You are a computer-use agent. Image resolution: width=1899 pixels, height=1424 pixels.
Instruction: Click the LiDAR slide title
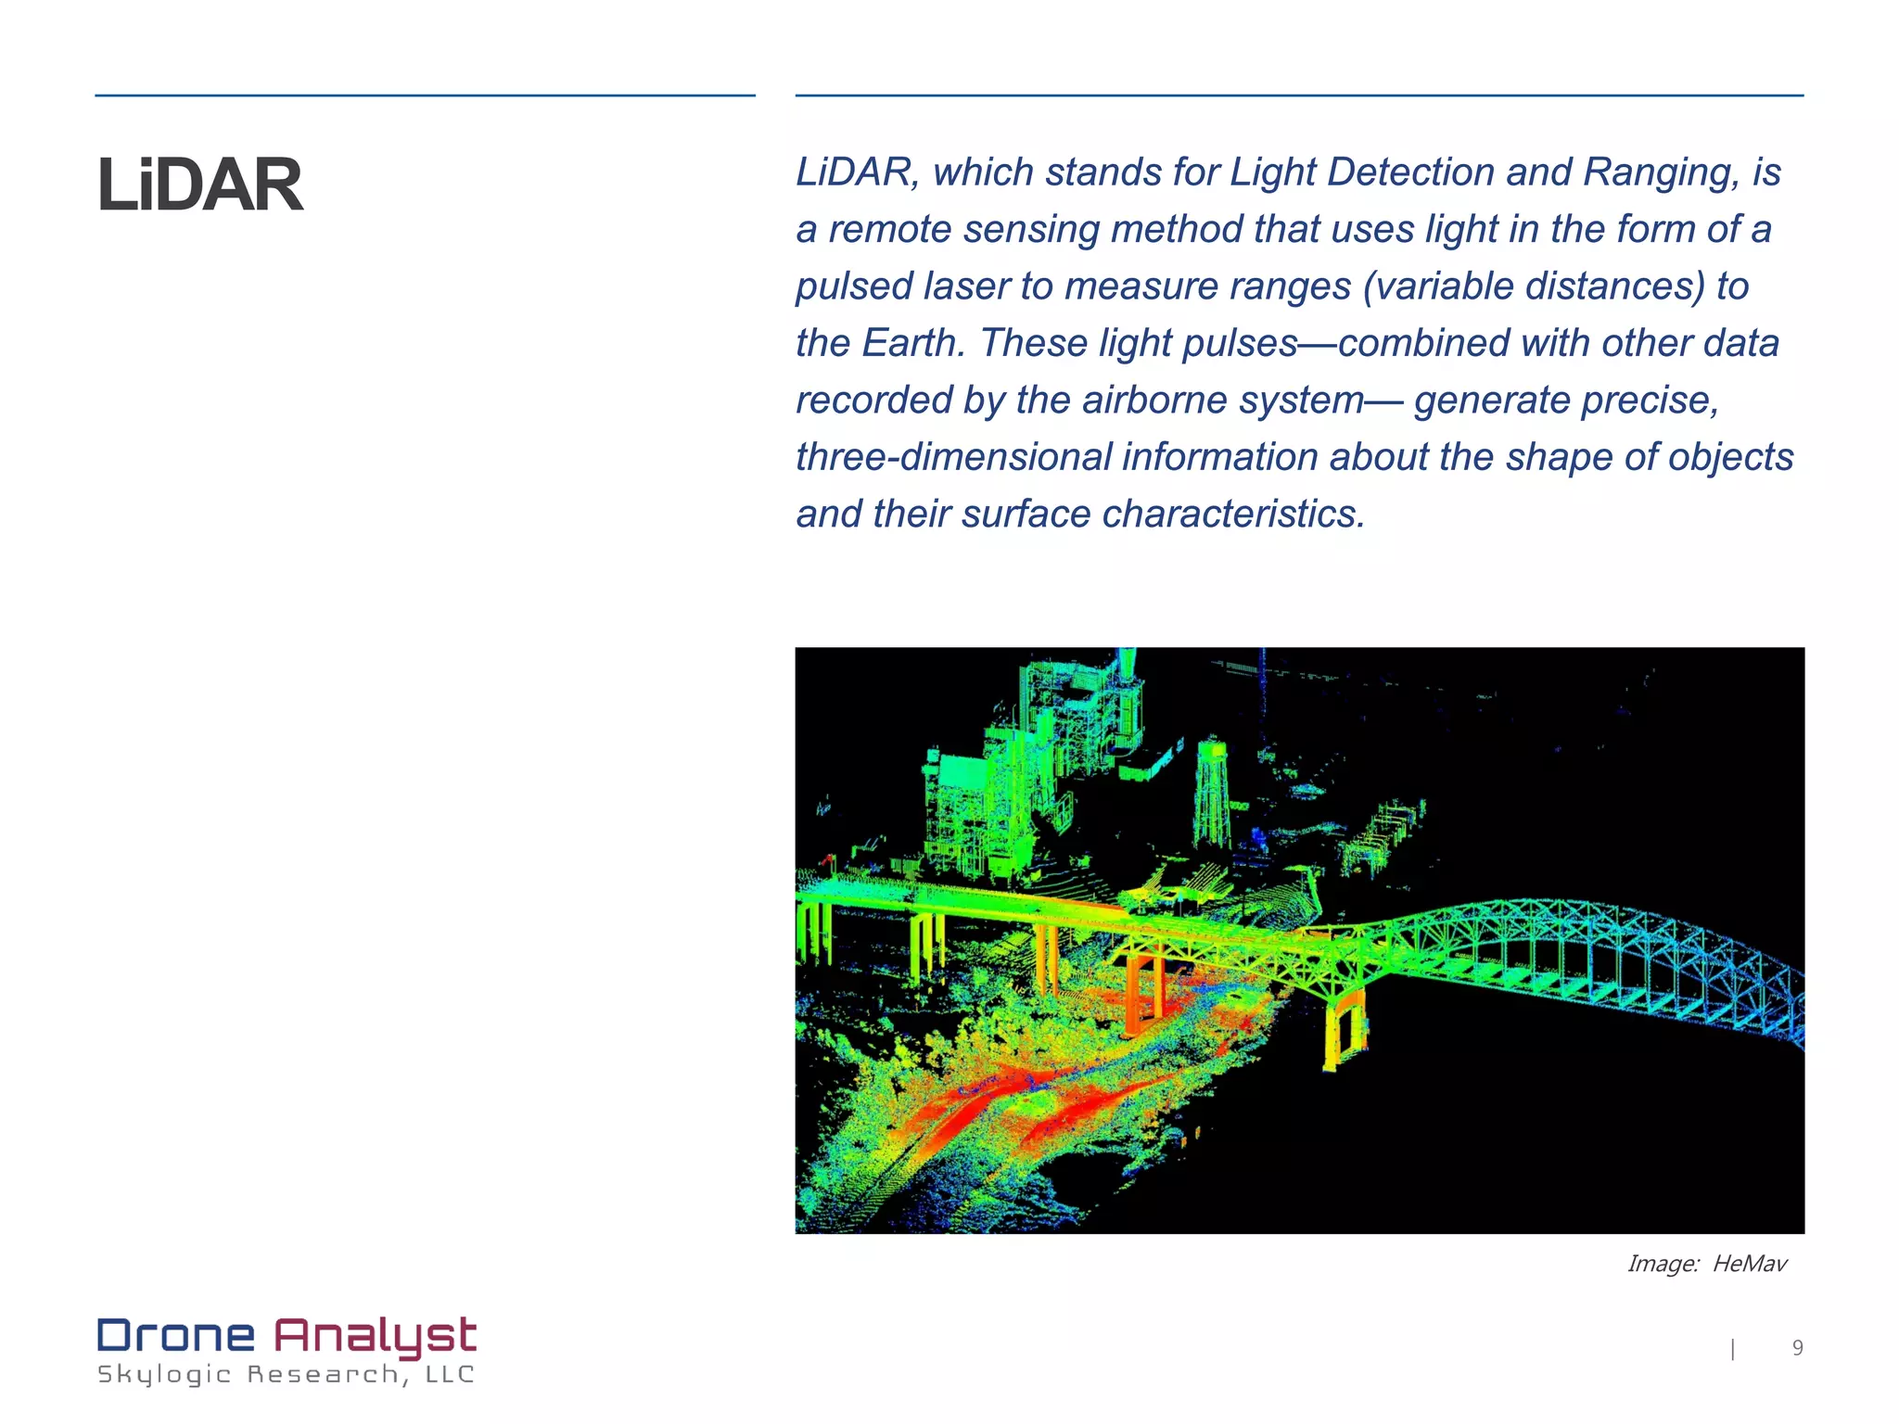(x=200, y=185)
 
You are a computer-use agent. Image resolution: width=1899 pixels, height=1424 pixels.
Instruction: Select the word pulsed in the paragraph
(x=854, y=286)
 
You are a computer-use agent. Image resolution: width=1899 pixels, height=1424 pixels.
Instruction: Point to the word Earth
(x=913, y=343)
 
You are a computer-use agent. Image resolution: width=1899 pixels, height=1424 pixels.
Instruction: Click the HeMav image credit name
(x=1749, y=1264)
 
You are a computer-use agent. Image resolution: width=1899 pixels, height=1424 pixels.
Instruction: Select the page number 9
(x=1797, y=1348)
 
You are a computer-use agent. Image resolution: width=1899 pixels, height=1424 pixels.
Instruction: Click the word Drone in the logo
(x=176, y=1336)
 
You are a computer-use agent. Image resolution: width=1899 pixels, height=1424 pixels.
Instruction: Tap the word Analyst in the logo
(x=375, y=1336)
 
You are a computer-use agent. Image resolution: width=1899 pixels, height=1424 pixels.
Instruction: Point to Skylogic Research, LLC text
(x=286, y=1374)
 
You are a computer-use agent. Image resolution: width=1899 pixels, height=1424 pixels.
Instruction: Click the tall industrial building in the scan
(x=1076, y=732)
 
